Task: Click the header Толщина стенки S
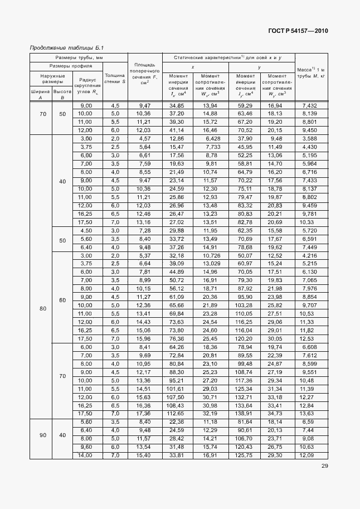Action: pyautogui.click(x=115, y=78)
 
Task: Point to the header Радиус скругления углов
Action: pyautogui.click(x=88, y=85)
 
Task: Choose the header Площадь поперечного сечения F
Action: pyautogui.click(x=145, y=75)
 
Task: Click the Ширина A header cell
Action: pyautogui.click(x=40, y=94)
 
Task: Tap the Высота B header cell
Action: pyautogui.click(x=62, y=94)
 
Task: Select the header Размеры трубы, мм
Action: pyautogui.click(x=79, y=57)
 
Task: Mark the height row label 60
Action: pyautogui.click(x=62, y=300)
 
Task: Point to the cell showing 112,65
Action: pyautogui.click(x=177, y=414)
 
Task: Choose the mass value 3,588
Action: pyautogui.click(x=309, y=138)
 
